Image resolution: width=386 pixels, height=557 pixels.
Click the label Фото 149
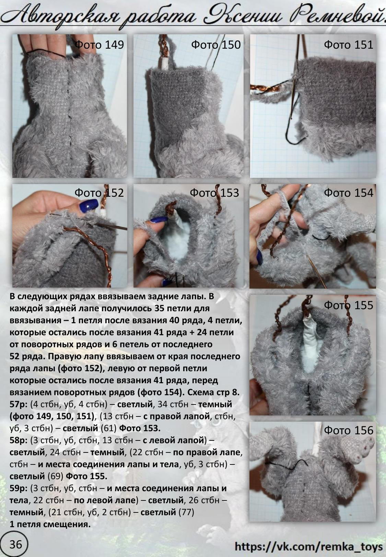tap(99, 45)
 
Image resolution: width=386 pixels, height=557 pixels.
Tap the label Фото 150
tap(216, 45)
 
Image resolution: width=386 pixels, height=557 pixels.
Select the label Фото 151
tap(348, 45)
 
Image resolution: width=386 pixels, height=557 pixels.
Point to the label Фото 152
tap(99, 193)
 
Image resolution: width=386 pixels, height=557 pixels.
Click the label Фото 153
tap(214, 193)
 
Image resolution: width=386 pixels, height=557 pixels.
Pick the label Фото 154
tap(348, 193)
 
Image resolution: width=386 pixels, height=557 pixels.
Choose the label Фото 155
tap(348, 305)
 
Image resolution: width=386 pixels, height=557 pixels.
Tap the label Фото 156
tap(348, 430)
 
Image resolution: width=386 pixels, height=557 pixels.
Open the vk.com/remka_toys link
tap(308, 546)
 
